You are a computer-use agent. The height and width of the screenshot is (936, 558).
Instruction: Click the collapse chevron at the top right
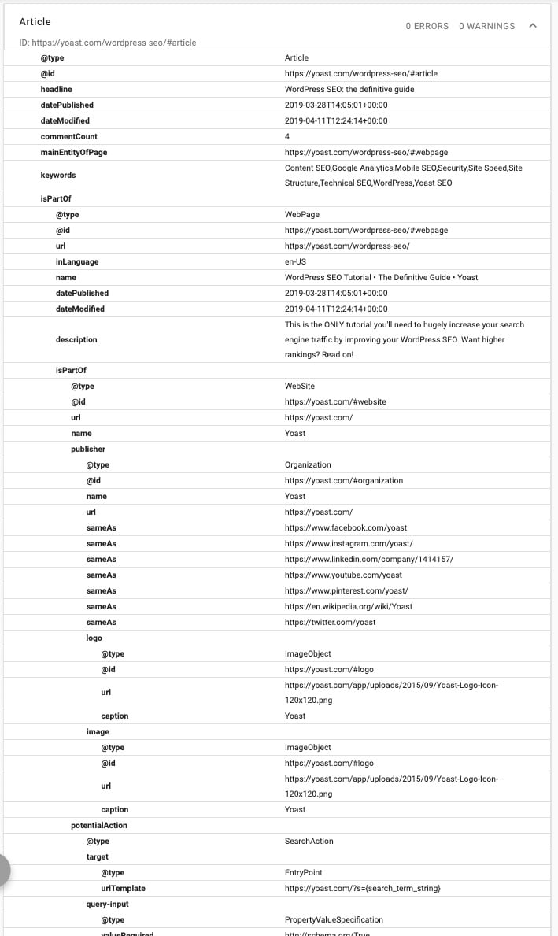[x=533, y=26]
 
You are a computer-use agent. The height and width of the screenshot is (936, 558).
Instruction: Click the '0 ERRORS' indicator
[x=427, y=26]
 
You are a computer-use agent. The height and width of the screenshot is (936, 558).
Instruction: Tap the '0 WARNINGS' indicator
[x=486, y=26]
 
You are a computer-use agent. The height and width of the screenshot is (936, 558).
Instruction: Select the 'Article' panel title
[x=35, y=22]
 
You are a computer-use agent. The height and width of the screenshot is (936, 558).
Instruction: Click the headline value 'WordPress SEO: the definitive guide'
[x=349, y=89]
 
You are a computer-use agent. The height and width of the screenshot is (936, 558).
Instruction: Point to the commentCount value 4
[x=287, y=136]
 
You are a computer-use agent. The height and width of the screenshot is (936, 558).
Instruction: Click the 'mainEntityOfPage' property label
[x=74, y=152]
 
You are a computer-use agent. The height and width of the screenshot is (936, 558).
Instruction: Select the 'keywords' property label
[x=58, y=175]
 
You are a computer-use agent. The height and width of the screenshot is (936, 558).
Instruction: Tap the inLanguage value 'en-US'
[x=295, y=261]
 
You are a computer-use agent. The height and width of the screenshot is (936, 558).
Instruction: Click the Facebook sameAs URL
[x=346, y=527]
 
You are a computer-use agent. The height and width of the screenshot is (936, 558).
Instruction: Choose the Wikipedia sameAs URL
[x=348, y=606]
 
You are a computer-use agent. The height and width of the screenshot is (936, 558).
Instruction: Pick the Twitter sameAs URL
[x=330, y=622]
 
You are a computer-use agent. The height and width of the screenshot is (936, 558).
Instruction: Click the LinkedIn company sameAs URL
[x=368, y=559]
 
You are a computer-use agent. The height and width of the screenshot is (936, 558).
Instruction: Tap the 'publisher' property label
[x=88, y=449]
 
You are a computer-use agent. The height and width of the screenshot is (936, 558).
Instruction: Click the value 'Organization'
[x=308, y=464]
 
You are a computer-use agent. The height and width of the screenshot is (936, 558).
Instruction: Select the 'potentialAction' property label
[x=99, y=825]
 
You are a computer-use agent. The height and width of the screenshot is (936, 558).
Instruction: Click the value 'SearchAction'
[x=309, y=841]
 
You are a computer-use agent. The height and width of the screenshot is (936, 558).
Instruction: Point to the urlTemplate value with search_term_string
[x=362, y=888]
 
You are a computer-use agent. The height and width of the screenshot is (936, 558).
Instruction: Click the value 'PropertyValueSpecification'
[x=334, y=919]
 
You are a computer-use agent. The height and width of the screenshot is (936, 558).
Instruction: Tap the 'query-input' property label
[x=108, y=904]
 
